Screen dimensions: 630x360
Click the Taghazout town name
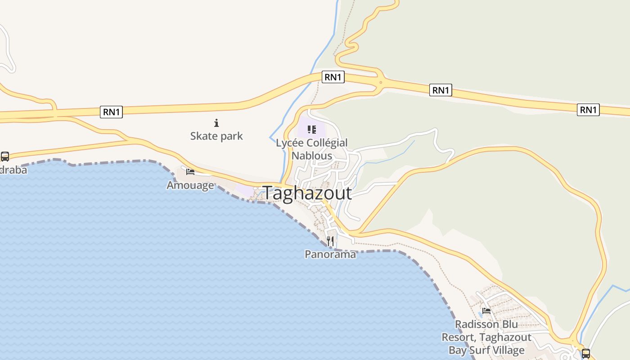click(307, 193)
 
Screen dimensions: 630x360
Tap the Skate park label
click(216, 136)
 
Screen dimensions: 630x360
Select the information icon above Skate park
click(216, 123)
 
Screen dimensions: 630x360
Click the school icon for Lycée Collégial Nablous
click(312, 130)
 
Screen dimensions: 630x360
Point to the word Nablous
click(312, 156)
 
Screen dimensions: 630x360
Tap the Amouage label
click(190, 185)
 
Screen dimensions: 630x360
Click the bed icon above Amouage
click(190, 172)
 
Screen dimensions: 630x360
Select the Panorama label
click(330, 254)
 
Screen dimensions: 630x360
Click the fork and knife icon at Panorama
click(331, 241)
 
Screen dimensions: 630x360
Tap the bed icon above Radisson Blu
click(486, 310)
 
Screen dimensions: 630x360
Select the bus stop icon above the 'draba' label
click(5, 157)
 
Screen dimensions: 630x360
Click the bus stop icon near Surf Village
click(585, 353)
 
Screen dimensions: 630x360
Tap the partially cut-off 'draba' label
click(13, 170)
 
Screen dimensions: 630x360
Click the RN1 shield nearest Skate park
click(111, 112)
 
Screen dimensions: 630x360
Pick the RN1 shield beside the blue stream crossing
click(333, 77)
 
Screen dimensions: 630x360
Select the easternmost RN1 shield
click(588, 109)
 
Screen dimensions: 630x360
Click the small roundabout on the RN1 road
click(381, 82)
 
